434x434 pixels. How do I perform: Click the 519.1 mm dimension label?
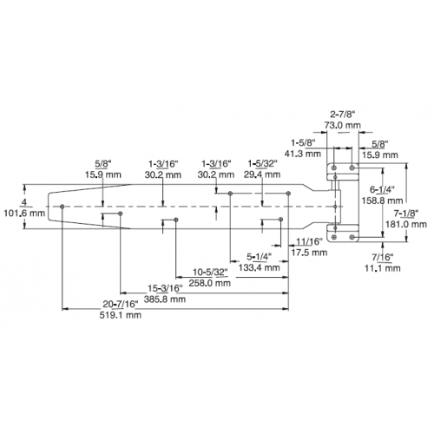(121, 315)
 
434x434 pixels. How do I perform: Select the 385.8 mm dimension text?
(165, 299)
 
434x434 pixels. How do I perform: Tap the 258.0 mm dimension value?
(210, 283)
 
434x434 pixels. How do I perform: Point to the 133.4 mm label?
(259, 267)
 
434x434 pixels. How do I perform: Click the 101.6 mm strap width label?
(24, 214)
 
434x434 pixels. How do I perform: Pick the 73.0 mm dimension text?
(342, 125)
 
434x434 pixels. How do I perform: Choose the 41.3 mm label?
(303, 154)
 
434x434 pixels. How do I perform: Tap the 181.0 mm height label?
(406, 224)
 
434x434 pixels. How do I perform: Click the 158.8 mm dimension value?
(382, 201)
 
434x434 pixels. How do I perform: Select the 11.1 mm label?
(382, 268)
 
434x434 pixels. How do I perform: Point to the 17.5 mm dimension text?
(309, 253)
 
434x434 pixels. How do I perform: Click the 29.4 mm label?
(262, 174)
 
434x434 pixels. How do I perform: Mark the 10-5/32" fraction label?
(210, 273)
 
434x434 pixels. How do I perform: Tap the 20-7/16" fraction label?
(121, 304)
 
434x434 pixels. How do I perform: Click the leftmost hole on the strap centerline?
(62, 207)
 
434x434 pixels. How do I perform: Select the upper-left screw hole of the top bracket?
(334, 168)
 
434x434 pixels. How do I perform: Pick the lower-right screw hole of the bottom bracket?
(352, 237)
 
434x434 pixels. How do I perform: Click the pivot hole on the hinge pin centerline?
(335, 207)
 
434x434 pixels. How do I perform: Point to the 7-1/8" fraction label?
(406, 214)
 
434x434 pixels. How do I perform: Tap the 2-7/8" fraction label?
(342, 115)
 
